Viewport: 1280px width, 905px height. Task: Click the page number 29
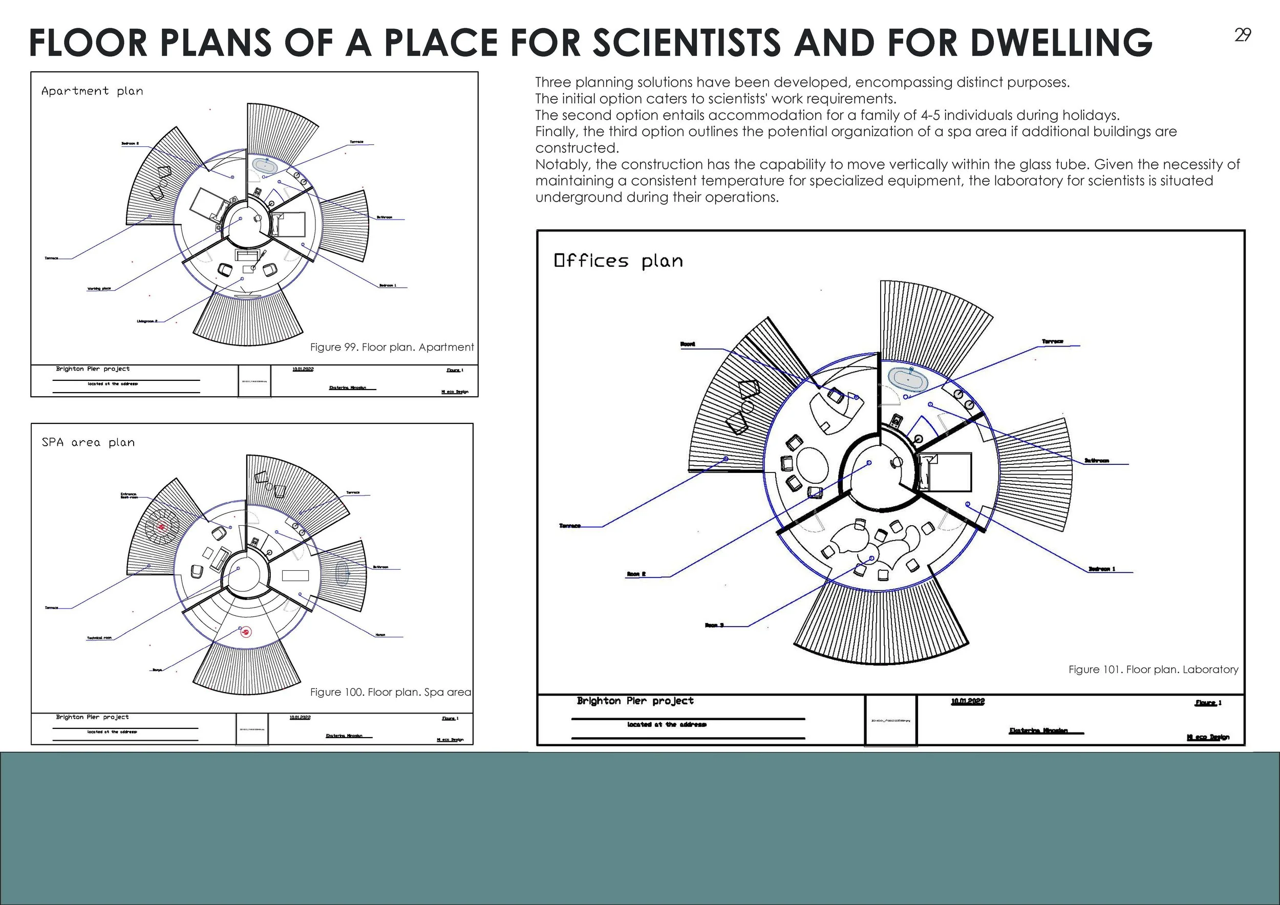1243,35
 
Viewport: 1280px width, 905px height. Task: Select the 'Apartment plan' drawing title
92,91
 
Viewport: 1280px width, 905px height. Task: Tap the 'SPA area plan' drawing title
88,442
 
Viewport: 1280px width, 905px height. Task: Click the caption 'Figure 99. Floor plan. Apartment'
391,347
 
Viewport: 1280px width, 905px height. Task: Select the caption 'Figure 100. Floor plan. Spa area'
390,692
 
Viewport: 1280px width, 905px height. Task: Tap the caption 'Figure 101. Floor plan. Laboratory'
1153,669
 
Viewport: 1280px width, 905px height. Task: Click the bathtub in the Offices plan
908,378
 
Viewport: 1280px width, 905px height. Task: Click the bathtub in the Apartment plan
265,165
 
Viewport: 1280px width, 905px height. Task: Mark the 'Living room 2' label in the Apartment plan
147,321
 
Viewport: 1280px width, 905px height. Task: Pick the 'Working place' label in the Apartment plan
99,289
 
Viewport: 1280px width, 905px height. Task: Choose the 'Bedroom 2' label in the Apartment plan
130,144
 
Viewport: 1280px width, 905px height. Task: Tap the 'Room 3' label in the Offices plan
714,625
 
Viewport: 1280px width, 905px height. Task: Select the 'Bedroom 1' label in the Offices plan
1102,569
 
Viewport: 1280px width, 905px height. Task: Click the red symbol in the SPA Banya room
245,632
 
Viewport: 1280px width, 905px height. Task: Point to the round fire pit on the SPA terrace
162,527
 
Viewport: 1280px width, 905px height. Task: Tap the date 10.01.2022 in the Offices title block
968,702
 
